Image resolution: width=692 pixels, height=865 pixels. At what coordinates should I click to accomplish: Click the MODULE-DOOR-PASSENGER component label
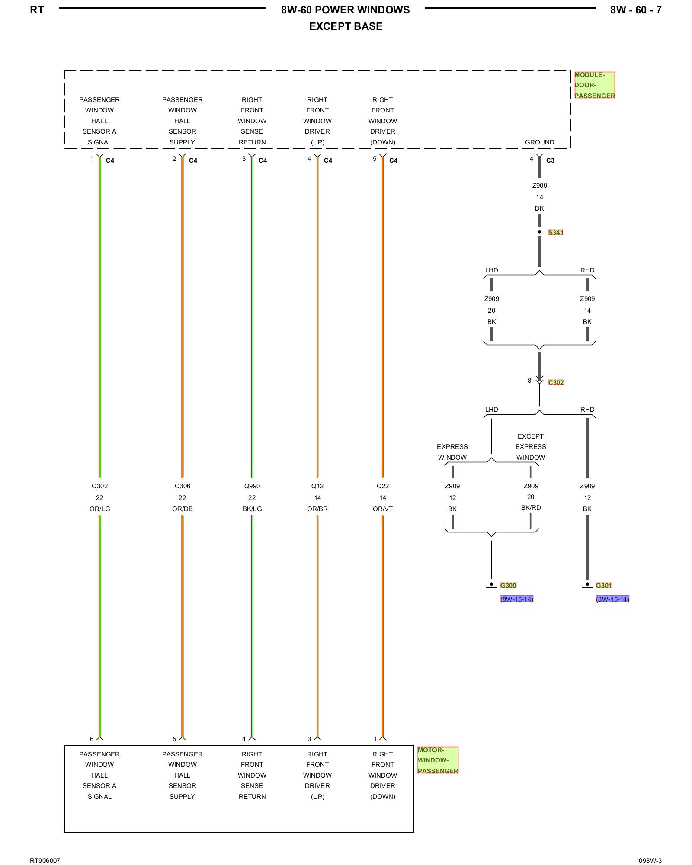595,85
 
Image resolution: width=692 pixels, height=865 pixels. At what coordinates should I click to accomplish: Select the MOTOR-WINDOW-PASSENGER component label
438,760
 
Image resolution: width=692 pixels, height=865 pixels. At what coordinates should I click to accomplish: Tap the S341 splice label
556,233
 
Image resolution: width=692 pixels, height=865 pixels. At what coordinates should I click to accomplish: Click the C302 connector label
556,383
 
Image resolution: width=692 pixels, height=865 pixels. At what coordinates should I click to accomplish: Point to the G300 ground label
508,586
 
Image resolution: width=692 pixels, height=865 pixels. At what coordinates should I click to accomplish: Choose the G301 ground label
604,586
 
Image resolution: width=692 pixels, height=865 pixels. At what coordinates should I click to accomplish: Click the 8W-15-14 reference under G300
517,599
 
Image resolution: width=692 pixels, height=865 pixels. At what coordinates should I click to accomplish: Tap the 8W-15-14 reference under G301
612,599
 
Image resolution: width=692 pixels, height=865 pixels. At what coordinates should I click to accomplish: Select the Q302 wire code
99,486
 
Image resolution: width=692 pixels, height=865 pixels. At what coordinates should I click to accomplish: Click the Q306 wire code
183,486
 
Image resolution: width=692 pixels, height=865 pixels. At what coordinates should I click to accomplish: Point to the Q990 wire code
252,486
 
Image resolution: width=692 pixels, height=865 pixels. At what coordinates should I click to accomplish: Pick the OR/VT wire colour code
383,509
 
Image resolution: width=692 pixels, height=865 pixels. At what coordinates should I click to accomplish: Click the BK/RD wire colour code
531,508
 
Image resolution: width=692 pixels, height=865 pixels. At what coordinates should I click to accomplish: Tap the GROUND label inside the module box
539,142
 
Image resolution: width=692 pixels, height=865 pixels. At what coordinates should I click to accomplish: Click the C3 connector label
550,160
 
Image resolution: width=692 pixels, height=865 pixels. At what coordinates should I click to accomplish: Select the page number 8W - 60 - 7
636,10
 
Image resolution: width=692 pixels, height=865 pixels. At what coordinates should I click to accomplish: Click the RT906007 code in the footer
45,861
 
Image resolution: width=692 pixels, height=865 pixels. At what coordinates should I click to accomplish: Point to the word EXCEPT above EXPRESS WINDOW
531,436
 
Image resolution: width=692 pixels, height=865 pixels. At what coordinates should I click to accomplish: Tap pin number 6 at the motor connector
92,739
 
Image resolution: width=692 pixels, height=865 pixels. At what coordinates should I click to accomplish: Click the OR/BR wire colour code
317,509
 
